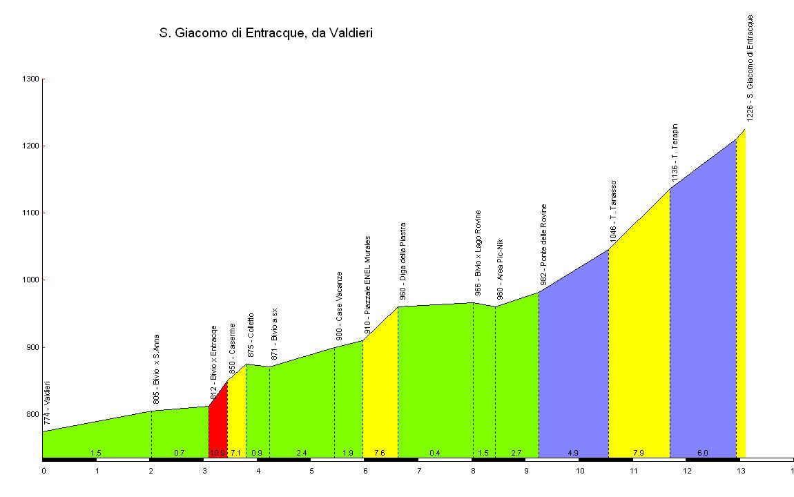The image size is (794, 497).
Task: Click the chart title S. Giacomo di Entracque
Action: [266, 33]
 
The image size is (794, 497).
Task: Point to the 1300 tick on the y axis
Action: [31, 79]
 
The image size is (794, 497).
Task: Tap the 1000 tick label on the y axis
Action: [31, 280]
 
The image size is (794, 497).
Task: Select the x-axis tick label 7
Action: [419, 471]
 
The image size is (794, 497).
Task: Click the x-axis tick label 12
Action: [687, 471]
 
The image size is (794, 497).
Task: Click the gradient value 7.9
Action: [639, 453]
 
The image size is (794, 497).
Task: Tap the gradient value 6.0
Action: [702, 453]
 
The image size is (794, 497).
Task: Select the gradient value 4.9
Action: [573, 453]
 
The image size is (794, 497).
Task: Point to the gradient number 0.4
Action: [435, 453]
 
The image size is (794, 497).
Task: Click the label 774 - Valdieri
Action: [47, 403]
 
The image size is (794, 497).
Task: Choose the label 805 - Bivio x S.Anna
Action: [156, 369]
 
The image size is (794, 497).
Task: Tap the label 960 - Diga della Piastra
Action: [403, 261]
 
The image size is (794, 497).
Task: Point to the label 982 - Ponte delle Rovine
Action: [543, 244]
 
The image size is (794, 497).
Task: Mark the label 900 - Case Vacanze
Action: [339, 306]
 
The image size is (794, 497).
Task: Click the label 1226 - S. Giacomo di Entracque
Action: [750, 68]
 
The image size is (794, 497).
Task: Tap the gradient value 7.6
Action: [380, 453]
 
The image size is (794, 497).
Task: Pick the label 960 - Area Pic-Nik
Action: [500, 269]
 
